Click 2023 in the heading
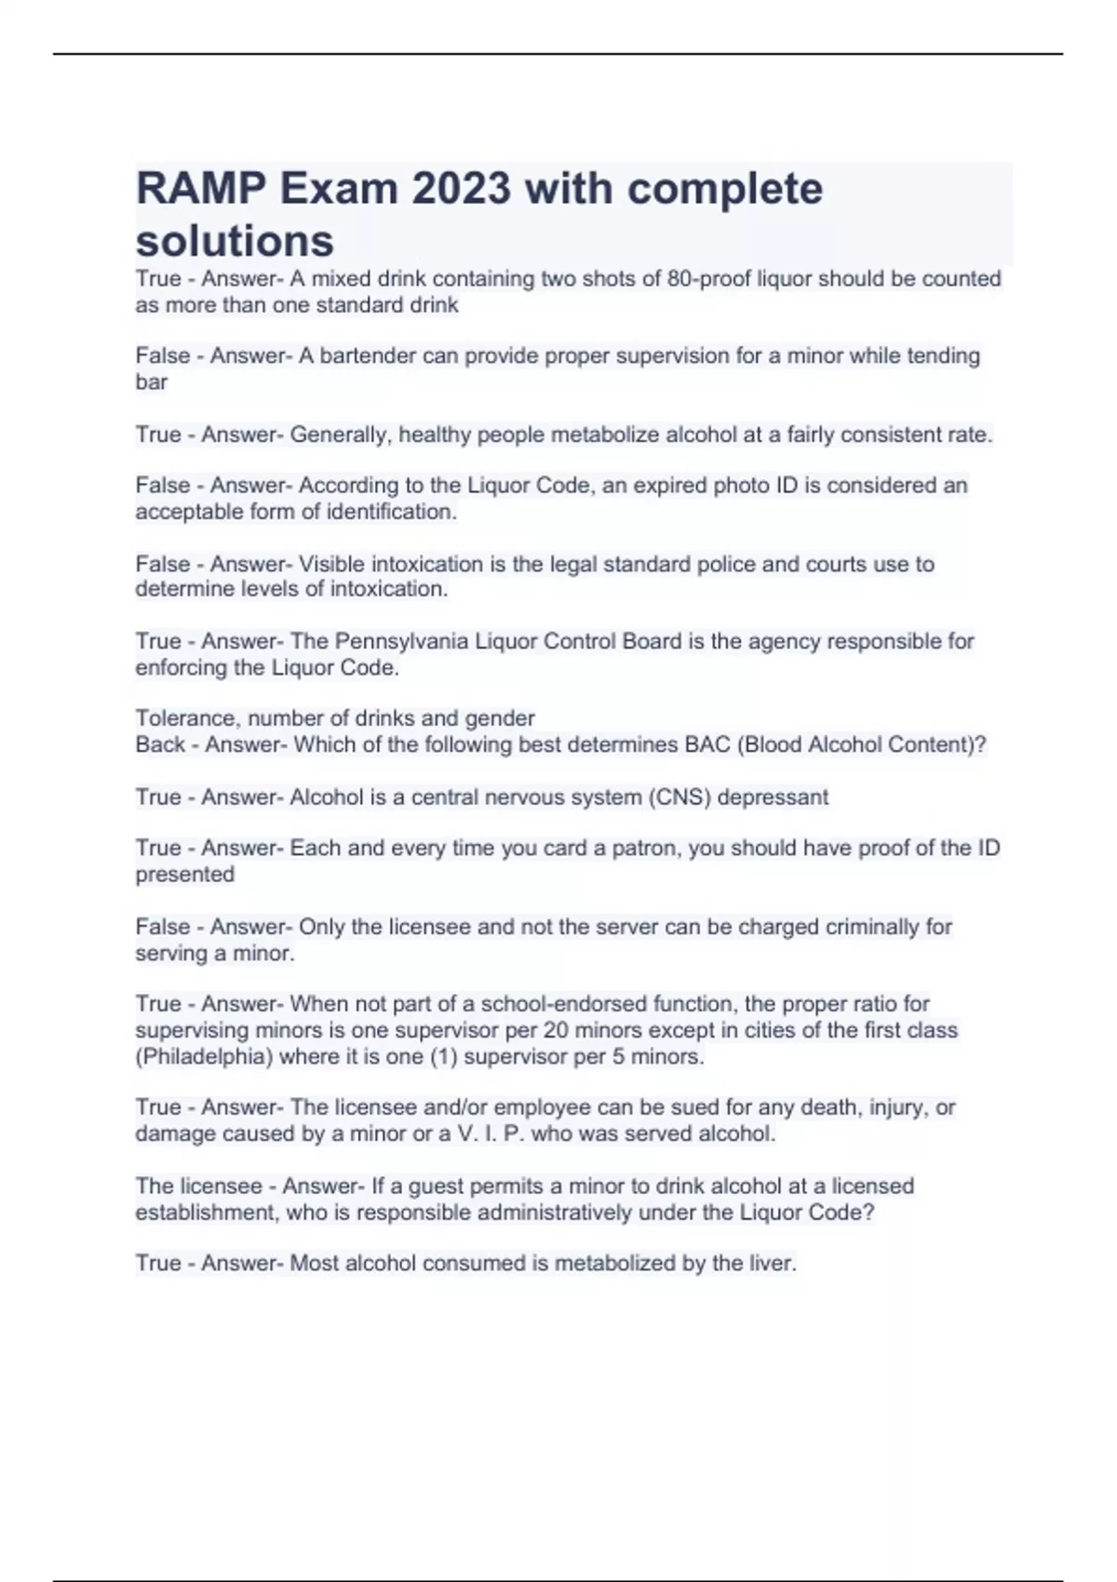click(x=461, y=189)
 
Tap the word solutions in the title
click(x=235, y=241)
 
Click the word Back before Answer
click(x=160, y=744)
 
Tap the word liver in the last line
click(x=770, y=1264)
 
